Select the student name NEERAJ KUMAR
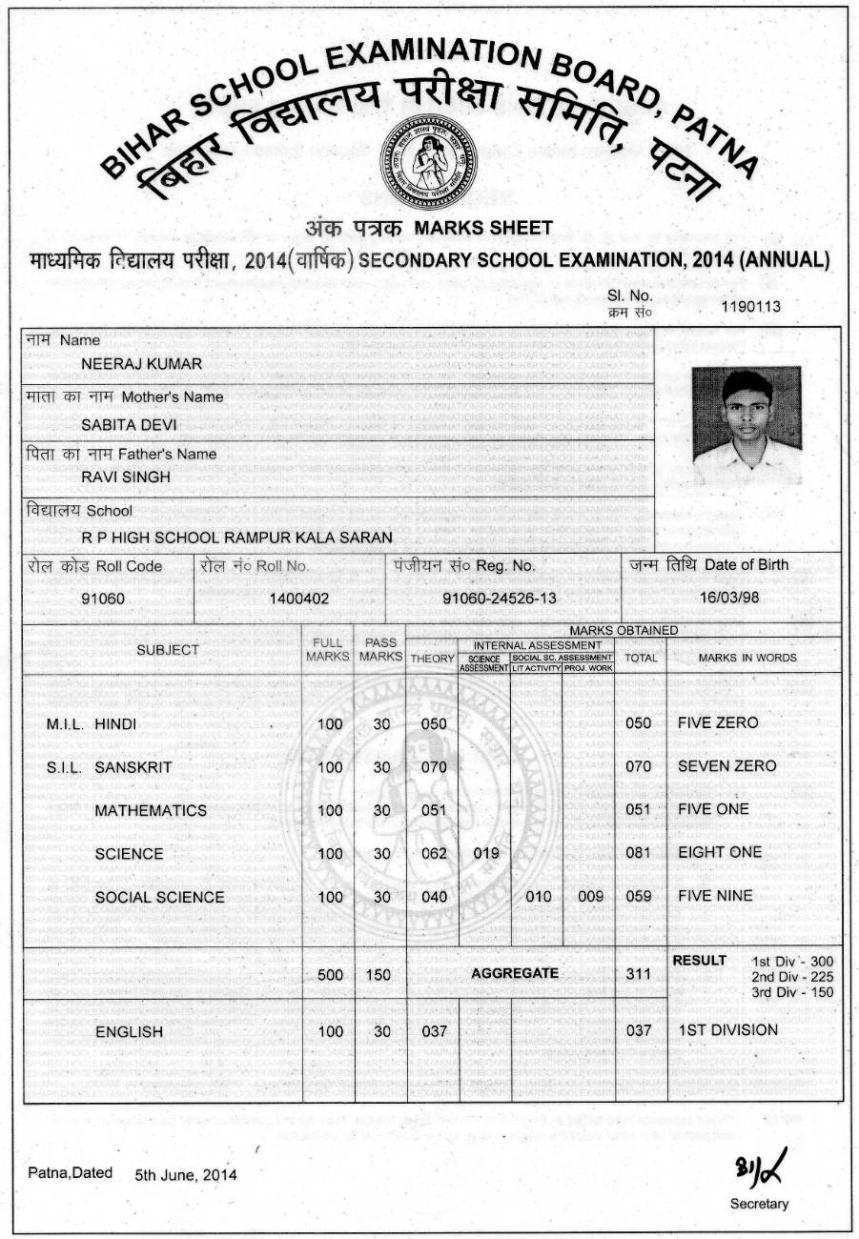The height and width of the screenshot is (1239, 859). click(142, 363)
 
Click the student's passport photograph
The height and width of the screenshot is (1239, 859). click(747, 426)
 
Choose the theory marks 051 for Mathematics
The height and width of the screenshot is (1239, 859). click(433, 810)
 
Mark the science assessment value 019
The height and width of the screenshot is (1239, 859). click(486, 853)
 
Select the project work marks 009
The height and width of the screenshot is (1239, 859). click(591, 896)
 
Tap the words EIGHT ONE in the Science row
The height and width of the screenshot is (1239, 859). click(720, 852)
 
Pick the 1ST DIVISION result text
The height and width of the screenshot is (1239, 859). click(727, 1029)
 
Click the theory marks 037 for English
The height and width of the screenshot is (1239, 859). click(433, 1030)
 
